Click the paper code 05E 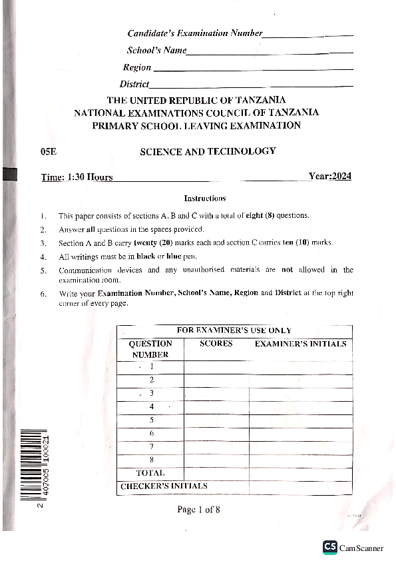point(49,152)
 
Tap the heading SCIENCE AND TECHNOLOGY point(207,151)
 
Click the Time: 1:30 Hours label point(77,177)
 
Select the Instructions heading point(204,198)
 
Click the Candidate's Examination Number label point(195,33)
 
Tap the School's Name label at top point(156,51)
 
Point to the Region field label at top point(137,67)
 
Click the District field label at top point(134,84)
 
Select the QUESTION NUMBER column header point(150,349)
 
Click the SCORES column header point(216,344)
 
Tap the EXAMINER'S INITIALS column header point(300,344)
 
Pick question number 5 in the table point(152,420)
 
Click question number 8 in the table point(152,460)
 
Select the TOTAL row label point(150,473)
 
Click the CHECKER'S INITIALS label point(164,486)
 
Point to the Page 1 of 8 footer point(198,510)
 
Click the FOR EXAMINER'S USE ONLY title point(234,330)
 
